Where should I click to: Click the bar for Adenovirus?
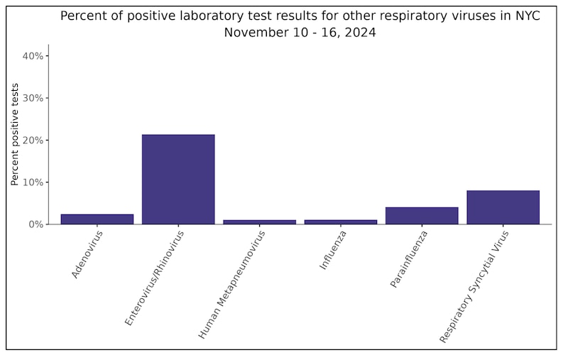click(97, 219)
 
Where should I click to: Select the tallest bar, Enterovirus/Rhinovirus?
click(178, 180)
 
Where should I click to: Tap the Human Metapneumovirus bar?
click(259, 222)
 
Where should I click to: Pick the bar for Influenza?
click(341, 222)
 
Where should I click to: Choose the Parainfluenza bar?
click(422, 216)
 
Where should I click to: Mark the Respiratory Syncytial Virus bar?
click(503, 207)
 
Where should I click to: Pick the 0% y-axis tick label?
click(35, 224)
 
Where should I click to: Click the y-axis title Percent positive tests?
click(15, 134)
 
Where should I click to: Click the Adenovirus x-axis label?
click(87, 253)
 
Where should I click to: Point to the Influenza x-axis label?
click(333, 250)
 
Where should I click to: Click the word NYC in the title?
click(525, 16)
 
